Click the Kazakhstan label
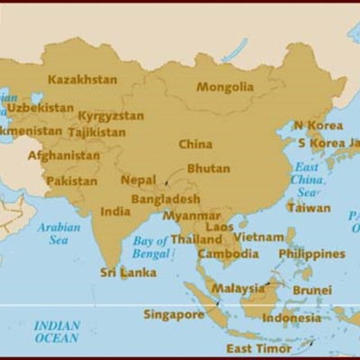pos(82,79)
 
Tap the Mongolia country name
pos(225,87)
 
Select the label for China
pos(195,144)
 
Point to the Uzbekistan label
pos(40,108)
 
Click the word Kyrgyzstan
pos(111,116)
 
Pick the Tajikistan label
pos(96,132)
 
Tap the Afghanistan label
pos(64,155)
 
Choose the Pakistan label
pos(72,181)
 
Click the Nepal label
pos(139,180)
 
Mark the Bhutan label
pos(208,168)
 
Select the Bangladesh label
pos(166,199)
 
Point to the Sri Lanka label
pos(128,273)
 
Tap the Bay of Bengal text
pos(150,247)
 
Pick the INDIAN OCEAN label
pos(57,331)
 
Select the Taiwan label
pos(309,207)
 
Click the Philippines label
pos(311,254)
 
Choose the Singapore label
pos(174,315)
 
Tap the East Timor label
pos(258,348)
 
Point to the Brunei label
pos(312,291)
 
